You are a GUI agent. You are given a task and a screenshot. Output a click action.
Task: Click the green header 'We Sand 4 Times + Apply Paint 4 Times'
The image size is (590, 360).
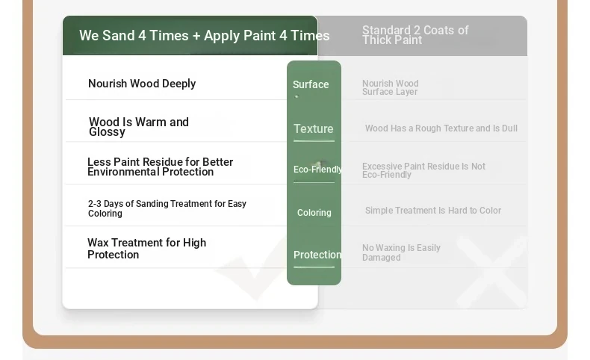[x=205, y=36]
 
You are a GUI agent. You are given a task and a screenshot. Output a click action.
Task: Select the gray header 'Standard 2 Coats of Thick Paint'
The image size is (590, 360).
[x=415, y=35]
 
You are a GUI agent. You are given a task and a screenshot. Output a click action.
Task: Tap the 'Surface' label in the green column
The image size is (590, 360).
[x=311, y=84]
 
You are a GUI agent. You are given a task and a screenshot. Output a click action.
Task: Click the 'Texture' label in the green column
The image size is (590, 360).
[x=314, y=128]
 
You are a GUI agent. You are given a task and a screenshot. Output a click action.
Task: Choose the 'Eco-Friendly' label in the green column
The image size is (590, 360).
[x=317, y=170]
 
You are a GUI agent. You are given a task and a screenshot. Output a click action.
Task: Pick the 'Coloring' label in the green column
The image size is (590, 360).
[x=314, y=213]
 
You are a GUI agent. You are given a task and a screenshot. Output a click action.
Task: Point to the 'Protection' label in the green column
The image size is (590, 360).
[x=317, y=255]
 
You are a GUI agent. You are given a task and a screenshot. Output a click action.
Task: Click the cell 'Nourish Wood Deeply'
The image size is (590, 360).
[x=142, y=84]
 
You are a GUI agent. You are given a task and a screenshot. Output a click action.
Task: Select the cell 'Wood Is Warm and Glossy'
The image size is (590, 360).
[x=139, y=127]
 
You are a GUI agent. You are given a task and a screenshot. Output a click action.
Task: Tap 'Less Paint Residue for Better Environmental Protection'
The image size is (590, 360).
[x=161, y=167]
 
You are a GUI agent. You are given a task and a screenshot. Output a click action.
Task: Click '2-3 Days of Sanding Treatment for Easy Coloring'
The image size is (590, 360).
[x=167, y=208]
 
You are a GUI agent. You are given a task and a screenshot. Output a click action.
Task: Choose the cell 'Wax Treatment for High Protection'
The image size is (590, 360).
[x=146, y=248]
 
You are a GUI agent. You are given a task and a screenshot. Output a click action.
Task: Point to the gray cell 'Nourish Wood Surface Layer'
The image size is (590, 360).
[x=390, y=87]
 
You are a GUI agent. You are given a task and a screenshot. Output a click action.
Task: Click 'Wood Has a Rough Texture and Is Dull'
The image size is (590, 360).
[x=441, y=128]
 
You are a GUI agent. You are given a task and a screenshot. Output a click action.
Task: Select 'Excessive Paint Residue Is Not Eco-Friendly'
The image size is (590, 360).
[x=423, y=170]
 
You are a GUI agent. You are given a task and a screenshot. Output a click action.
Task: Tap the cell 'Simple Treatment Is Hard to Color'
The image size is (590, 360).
[x=433, y=211]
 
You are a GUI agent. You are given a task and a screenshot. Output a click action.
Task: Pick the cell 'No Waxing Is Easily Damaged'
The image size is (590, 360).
[x=401, y=252]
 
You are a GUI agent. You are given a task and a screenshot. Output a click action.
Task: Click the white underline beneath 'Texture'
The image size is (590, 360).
[x=314, y=141]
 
